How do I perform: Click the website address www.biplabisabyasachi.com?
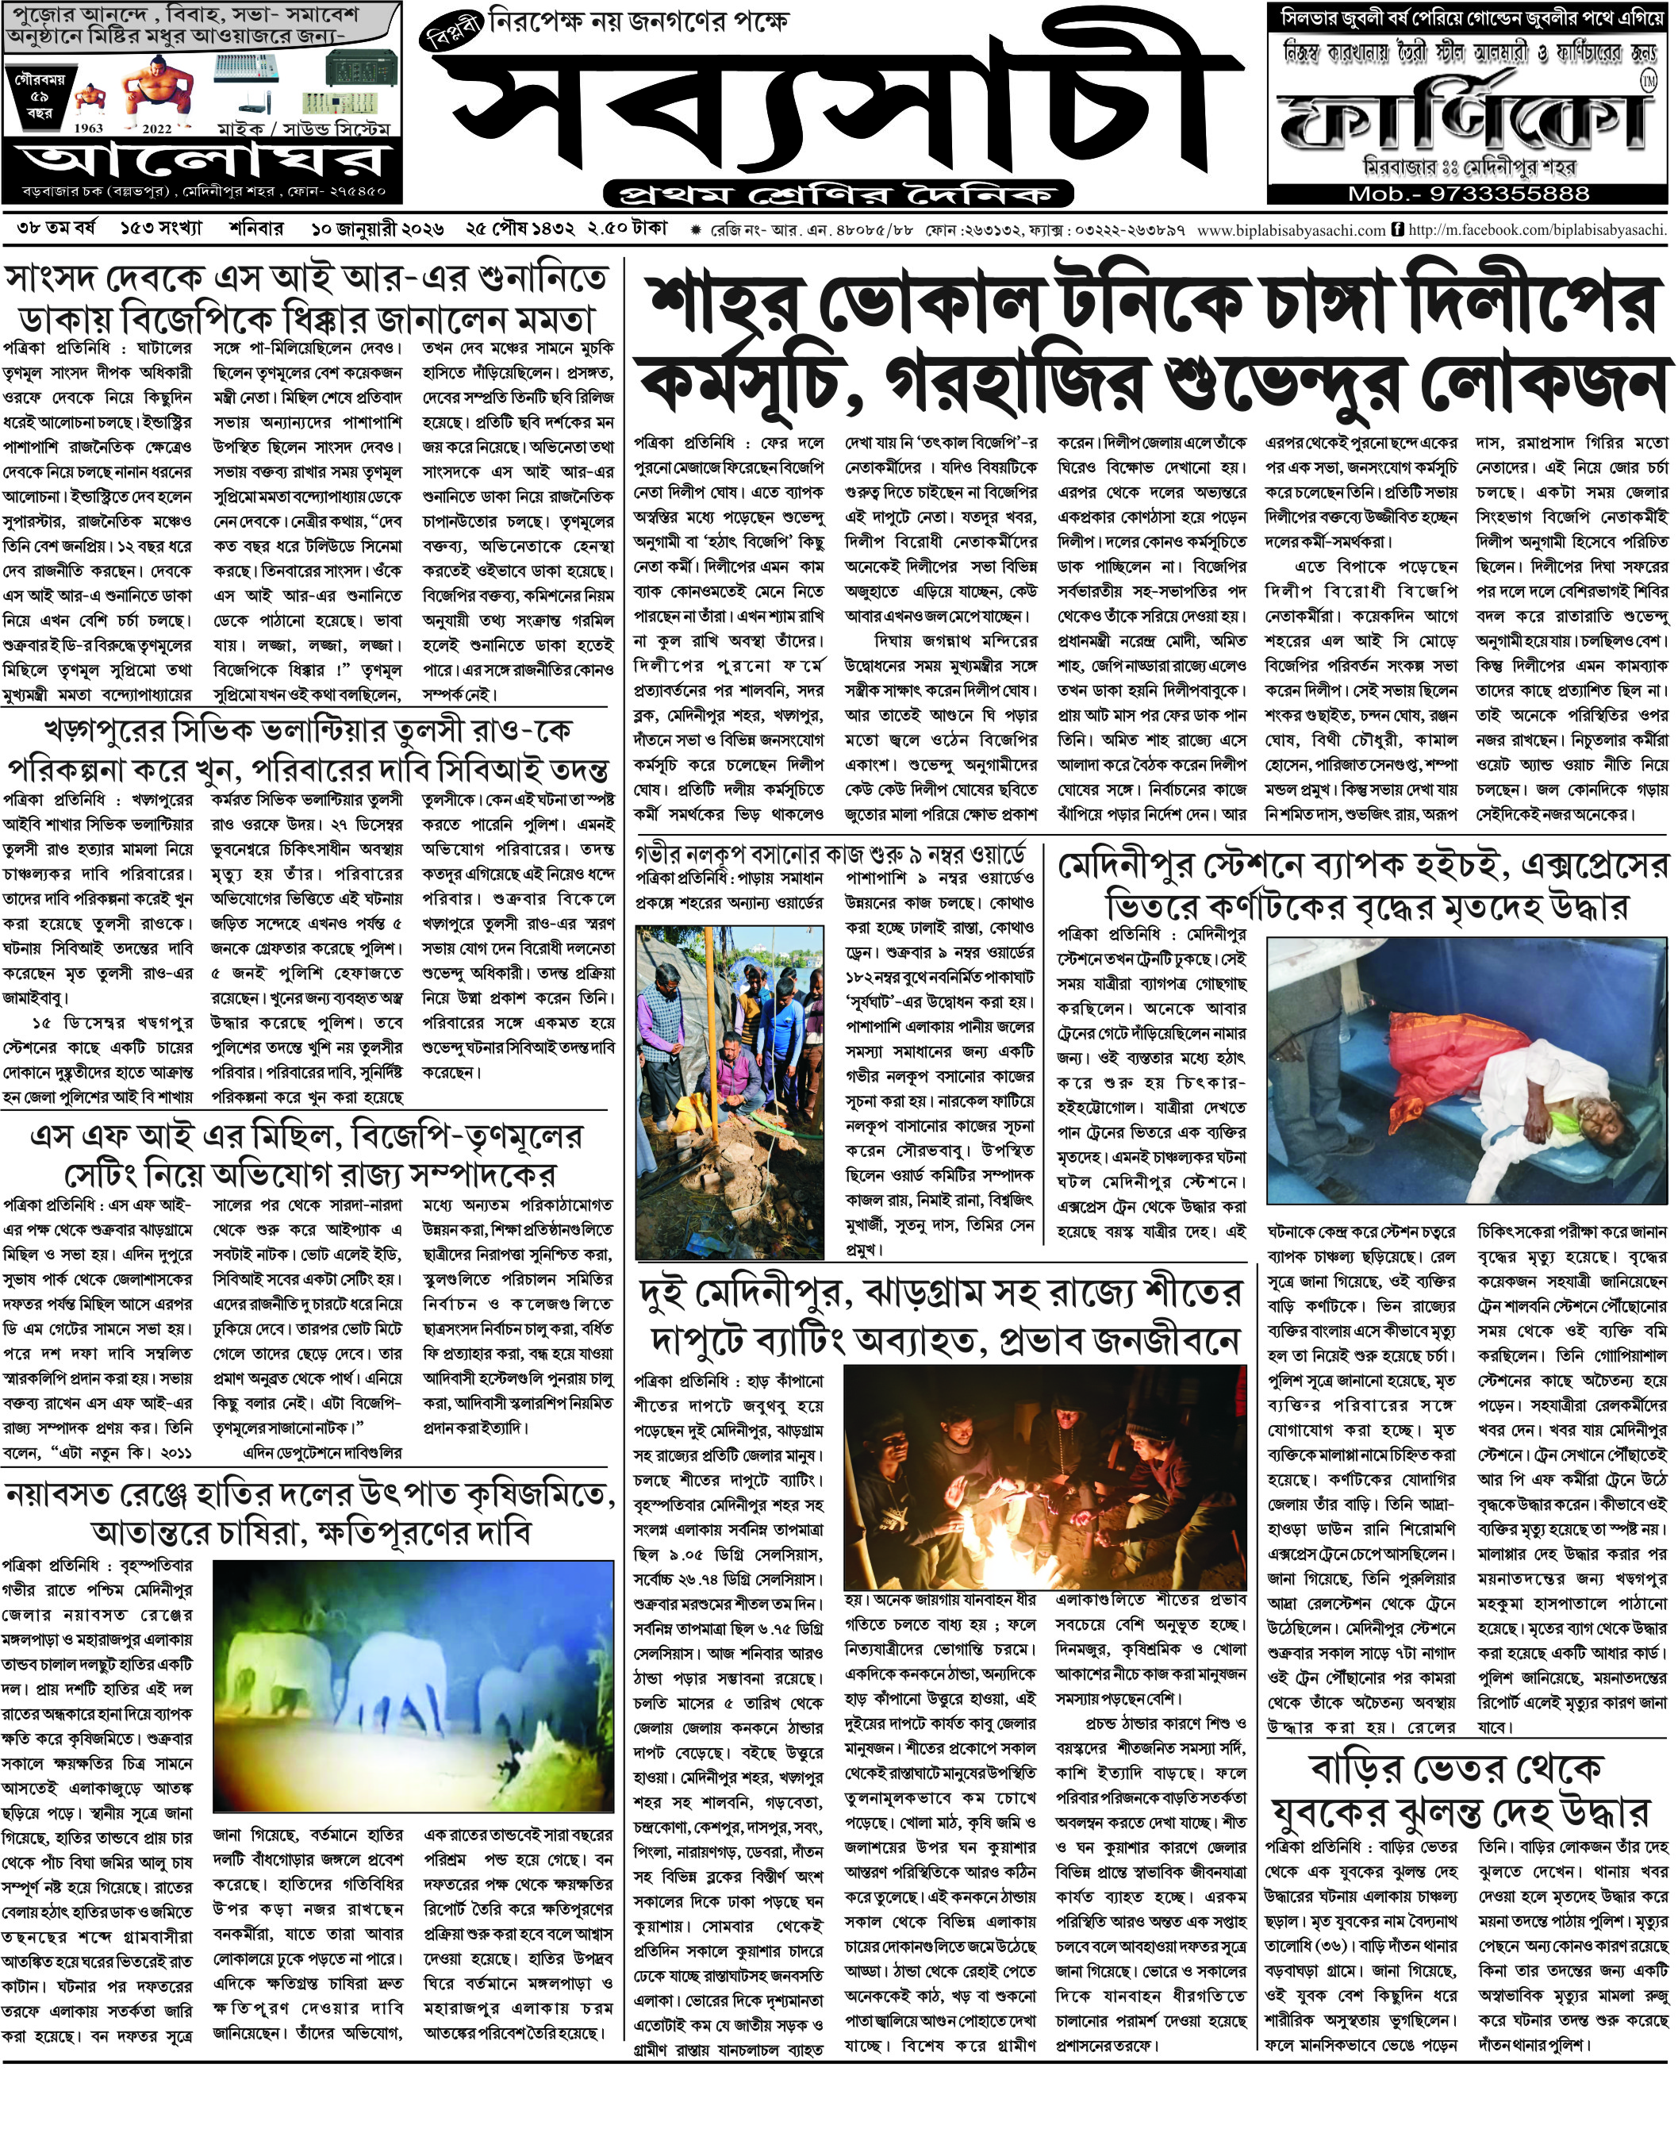(x=1291, y=230)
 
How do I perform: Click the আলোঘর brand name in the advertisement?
(x=202, y=163)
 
